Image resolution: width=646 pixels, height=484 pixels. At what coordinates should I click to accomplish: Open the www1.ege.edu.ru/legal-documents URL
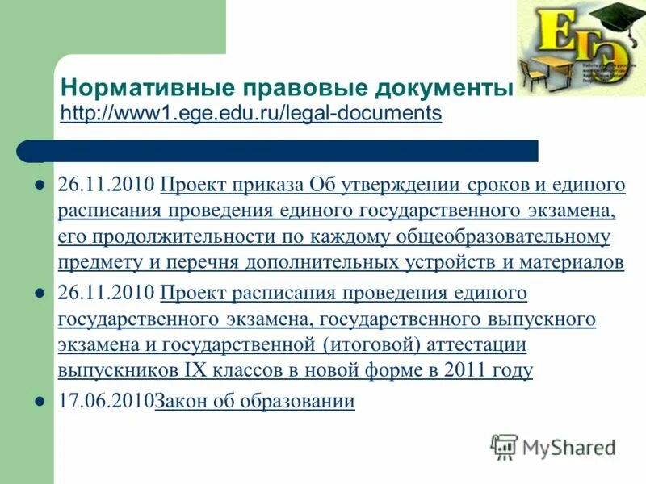(x=251, y=113)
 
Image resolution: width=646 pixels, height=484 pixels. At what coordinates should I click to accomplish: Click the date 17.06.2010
(x=106, y=402)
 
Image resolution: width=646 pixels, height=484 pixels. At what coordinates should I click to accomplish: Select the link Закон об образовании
(x=254, y=402)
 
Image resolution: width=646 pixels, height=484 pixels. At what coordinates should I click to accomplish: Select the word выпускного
(x=542, y=319)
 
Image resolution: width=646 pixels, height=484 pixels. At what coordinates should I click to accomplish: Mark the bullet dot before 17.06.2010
(x=38, y=401)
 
